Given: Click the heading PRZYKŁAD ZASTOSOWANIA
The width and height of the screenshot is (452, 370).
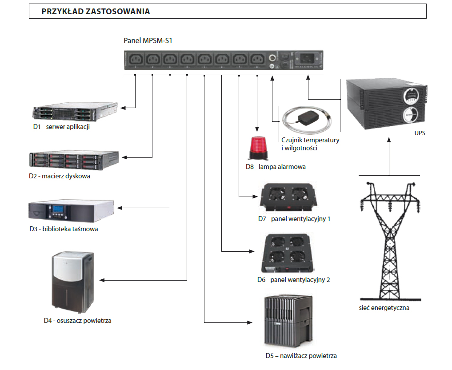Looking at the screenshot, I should pyautogui.click(x=96, y=12).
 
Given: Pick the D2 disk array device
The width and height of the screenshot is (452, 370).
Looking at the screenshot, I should pyautogui.click(x=74, y=161).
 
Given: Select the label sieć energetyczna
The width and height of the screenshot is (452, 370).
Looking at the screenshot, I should pyautogui.click(x=384, y=308).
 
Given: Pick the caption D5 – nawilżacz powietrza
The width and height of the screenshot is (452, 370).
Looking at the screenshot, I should pyautogui.click(x=301, y=356).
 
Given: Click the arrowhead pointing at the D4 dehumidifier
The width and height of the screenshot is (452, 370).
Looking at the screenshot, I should pyautogui.click(x=103, y=280).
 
